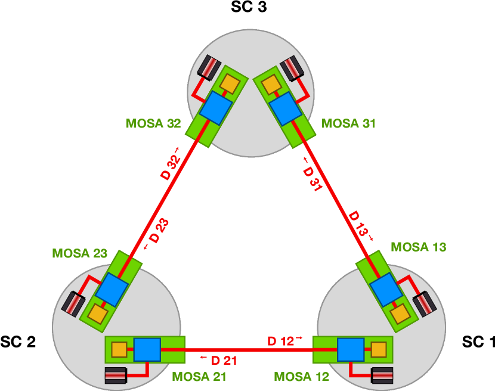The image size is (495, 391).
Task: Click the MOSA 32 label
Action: click(x=153, y=124)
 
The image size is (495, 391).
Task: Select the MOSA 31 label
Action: click(x=348, y=124)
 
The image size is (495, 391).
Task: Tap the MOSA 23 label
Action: click(x=79, y=253)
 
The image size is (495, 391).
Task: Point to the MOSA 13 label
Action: click(x=418, y=247)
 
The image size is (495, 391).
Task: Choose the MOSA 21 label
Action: click(x=199, y=377)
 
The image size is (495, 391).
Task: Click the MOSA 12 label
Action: click(x=301, y=377)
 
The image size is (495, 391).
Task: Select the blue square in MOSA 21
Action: click(x=147, y=349)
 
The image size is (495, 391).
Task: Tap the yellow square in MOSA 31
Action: click(x=271, y=85)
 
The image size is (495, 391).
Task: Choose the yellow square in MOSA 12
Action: click(x=378, y=349)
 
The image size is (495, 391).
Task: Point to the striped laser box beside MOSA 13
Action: click(x=426, y=304)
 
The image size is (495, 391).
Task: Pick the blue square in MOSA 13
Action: click(x=385, y=290)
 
